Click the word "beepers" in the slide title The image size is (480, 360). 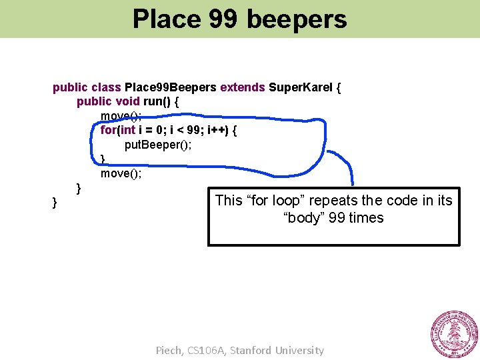297,19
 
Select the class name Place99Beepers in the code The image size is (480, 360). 171,87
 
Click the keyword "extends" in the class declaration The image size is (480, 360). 242,87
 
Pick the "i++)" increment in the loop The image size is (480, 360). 218,130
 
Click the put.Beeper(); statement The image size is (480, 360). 158,145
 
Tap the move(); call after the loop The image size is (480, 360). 121,173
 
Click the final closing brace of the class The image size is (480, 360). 55,203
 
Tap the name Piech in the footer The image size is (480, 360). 169,350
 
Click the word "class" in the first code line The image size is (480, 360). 107,87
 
